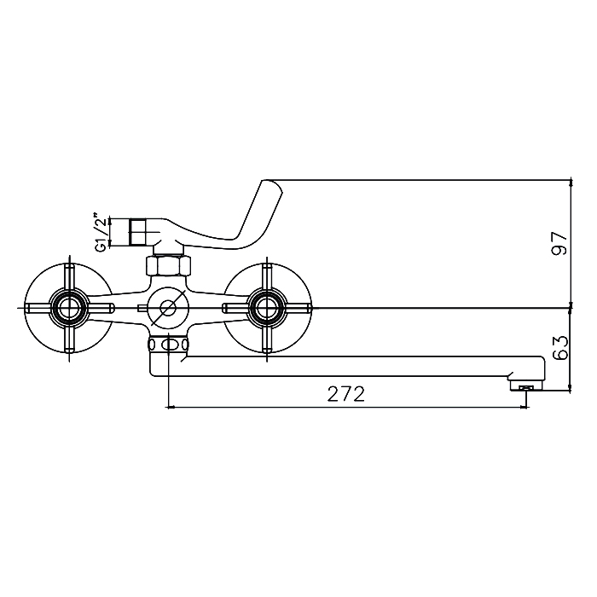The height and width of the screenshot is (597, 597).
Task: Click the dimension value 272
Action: pos(345,394)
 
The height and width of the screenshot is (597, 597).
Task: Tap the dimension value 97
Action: pos(560,243)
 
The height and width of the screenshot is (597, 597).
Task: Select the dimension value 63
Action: pos(560,348)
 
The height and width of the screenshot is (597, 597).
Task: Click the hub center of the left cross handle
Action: pos(69,308)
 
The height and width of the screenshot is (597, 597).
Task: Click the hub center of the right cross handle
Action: pos(266,308)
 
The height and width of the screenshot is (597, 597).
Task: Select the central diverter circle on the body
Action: pos(168,308)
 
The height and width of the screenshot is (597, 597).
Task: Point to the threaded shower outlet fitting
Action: pos(137,232)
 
